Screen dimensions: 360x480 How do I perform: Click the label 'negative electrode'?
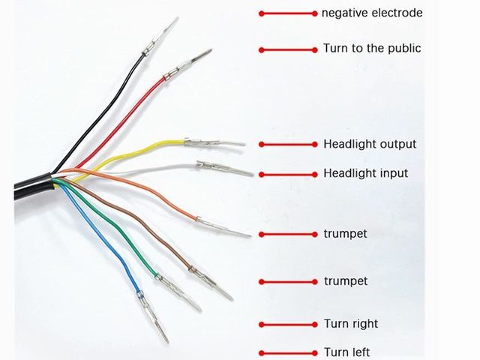coord(372,13)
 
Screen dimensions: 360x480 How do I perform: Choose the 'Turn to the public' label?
coord(372,48)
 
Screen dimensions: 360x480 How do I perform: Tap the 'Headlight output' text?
coord(369,143)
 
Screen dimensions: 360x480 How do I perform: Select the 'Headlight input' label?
coord(365,173)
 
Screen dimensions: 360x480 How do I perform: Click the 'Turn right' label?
coord(350,324)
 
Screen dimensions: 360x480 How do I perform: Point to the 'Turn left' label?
coord(346,352)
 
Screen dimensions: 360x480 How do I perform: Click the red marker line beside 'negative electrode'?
coord(289,13)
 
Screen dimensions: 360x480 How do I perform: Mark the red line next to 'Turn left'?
coord(289,352)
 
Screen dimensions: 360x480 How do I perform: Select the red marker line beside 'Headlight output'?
coord(289,144)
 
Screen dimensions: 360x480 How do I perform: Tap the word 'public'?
coord(403,48)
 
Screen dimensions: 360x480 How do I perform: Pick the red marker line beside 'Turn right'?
coord(289,325)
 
